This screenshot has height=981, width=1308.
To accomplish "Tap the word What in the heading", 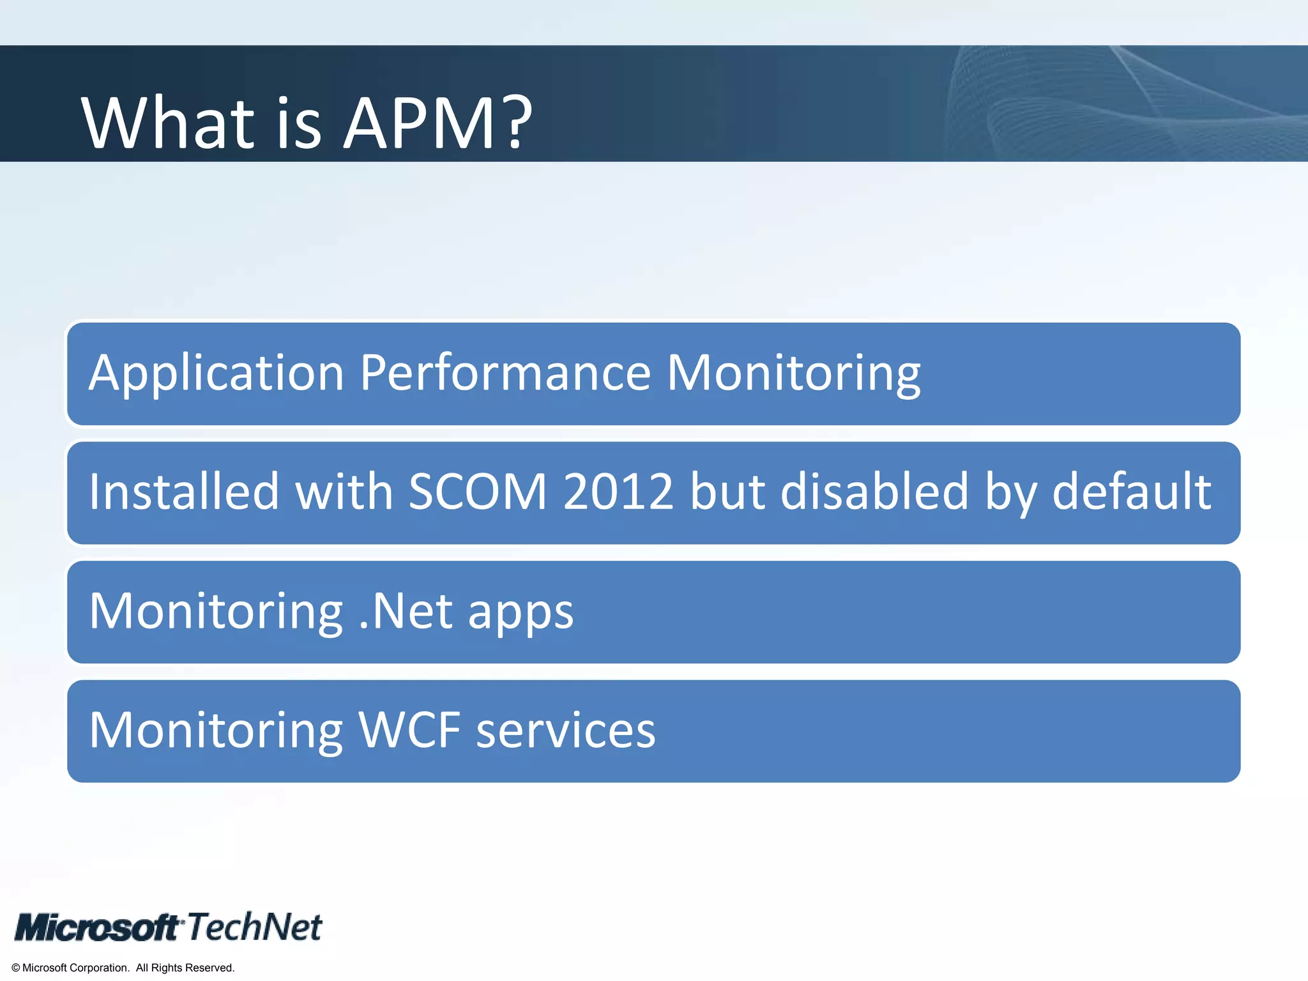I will pos(168,123).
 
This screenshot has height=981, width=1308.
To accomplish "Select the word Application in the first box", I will pos(217,373).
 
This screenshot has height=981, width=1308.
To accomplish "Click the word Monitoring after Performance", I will pos(793,373).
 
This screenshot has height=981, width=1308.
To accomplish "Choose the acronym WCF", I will pos(409,730).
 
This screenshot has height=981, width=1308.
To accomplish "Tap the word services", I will pos(566,731).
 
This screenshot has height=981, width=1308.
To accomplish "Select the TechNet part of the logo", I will pos(254,927).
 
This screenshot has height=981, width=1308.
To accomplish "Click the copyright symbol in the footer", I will pos(16,968).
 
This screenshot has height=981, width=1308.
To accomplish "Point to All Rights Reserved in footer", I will pos(185,968).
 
